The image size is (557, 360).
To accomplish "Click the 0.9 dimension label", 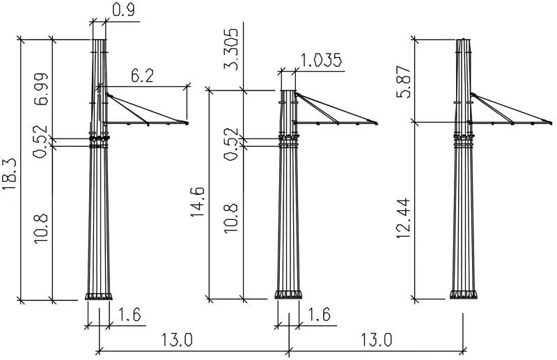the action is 124,10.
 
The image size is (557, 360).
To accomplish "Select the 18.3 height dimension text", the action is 10,174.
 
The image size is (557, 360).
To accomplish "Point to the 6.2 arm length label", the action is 142,75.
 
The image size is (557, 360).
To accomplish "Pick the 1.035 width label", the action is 321,61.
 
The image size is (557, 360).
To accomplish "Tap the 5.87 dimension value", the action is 404,81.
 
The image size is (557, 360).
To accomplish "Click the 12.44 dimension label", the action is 404,218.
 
